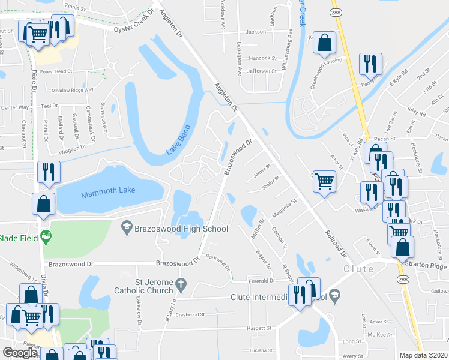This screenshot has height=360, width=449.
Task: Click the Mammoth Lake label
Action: [101, 190]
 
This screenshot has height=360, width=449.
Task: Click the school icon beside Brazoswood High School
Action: [126, 227]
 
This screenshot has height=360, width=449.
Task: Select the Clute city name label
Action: [358, 269]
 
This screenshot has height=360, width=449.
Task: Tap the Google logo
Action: [20, 352]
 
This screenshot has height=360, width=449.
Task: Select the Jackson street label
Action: [255, 31]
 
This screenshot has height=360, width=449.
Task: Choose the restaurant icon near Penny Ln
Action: [370, 62]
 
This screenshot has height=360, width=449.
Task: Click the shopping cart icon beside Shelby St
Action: [324, 180]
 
